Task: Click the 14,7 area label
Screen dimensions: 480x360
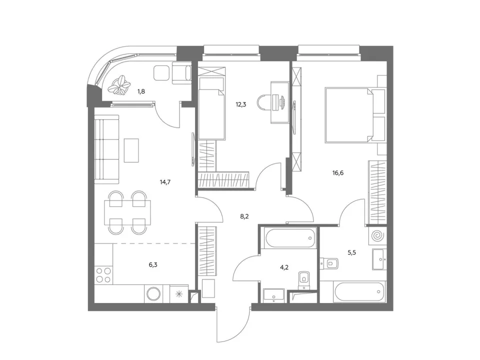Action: tap(165, 182)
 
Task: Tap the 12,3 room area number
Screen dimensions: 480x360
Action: tap(240, 104)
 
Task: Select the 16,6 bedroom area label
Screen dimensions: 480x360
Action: tap(338, 173)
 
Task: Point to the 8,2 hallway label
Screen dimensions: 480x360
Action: tap(244, 216)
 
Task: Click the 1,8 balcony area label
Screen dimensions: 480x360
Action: tap(141, 91)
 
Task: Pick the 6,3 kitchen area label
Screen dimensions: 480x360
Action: tap(153, 265)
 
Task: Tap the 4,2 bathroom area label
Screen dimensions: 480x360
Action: tap(284, 267)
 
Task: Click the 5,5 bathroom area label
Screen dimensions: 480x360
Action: tap(351, 252)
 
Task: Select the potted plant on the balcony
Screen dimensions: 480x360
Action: tap(119, 85)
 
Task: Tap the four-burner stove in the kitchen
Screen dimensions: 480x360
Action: tap(103, 275)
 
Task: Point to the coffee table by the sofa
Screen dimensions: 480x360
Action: tap(131, 150)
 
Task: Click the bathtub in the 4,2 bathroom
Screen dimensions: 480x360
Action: tap(290, 238)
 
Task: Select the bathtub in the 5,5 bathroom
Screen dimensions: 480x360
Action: tap(360, 291)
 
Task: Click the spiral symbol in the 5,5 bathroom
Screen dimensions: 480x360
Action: tap(377, 236)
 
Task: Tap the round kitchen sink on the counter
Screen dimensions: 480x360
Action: tap(153, 294)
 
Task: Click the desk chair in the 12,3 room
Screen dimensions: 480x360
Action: tap(264, 102)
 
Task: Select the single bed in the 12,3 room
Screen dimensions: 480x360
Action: tap(212, 108)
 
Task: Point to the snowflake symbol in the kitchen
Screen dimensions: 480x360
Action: tap(179, 294)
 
